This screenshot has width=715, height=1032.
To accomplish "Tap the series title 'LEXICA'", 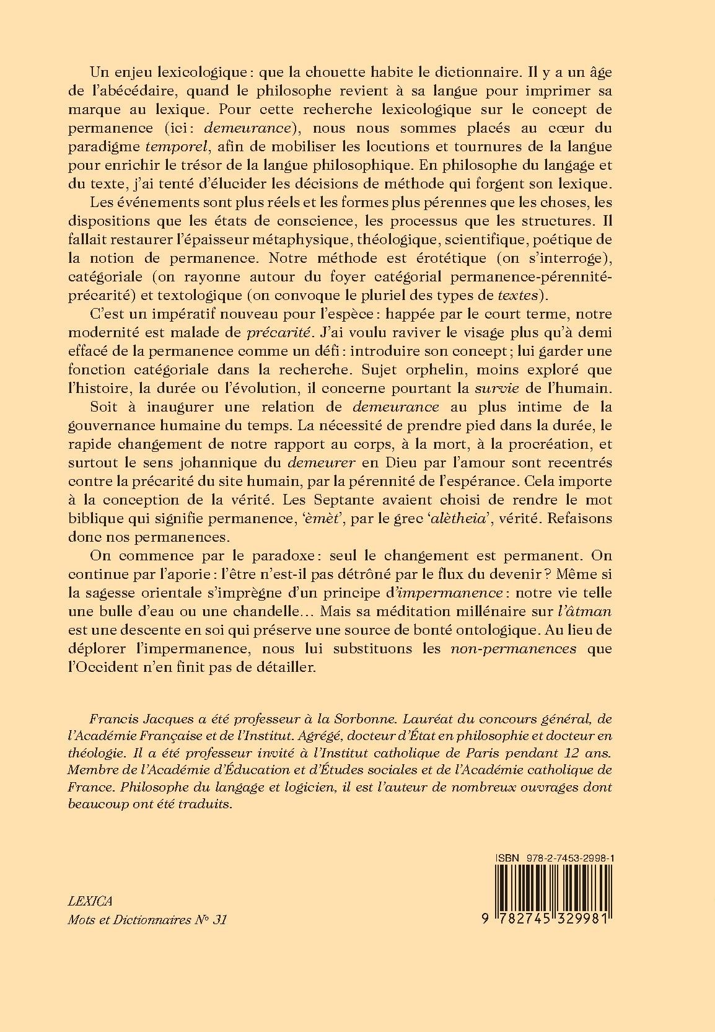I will pos(89,900).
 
